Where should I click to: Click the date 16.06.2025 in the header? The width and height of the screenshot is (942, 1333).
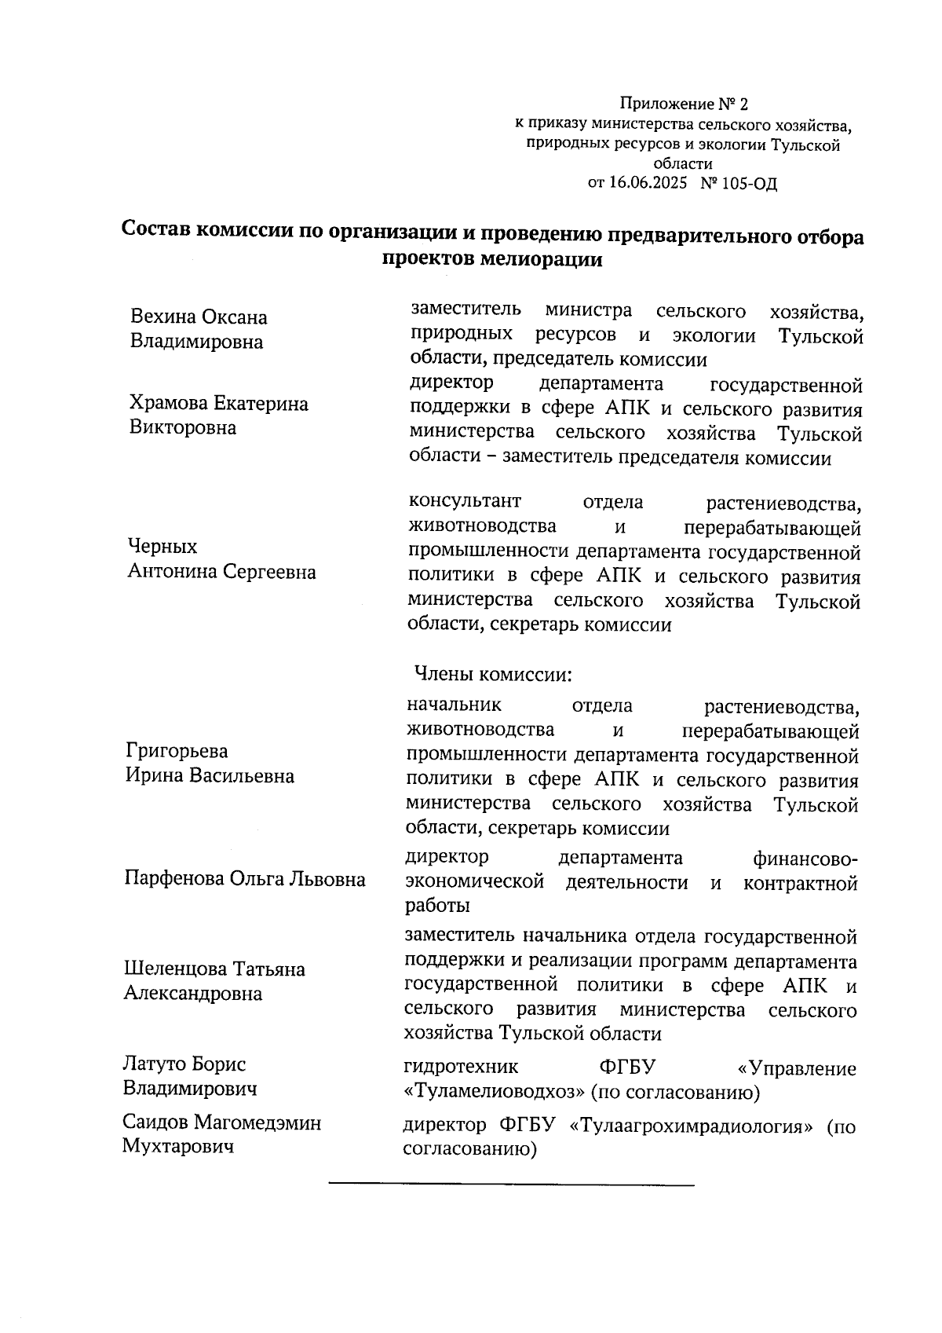click(x=648, y=184)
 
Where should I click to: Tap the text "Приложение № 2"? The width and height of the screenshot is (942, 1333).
click(x=685, y=104)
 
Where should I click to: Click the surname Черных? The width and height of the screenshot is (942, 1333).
click(x=162, y=547)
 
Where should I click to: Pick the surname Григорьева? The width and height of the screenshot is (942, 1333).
click(x=177, y=751)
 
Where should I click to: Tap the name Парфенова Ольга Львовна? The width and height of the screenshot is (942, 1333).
click(x=244, y=879)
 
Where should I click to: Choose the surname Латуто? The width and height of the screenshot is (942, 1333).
click(x=155, y=1064)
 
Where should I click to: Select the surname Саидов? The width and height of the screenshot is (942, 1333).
click(x=155, y=1122)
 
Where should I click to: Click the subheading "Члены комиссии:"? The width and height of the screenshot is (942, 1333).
click(x=491, y=674)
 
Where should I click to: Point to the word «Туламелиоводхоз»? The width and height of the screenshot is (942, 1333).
click(x=494, y=1093)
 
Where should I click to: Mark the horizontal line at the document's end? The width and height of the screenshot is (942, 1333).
click(x=511, y=1183)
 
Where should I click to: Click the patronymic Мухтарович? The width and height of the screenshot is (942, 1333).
click(x=179, y=1147)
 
